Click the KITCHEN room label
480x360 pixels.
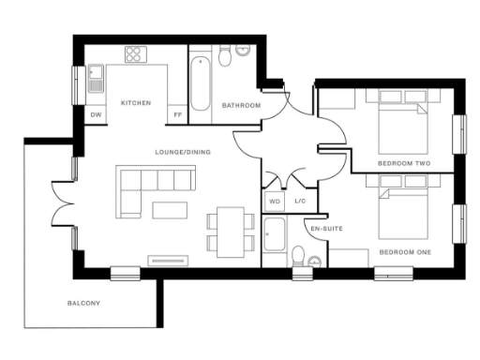(x=136, y=102)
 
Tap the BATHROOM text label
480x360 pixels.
(x=241, y=106)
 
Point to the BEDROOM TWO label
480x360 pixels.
(x=404, y=163)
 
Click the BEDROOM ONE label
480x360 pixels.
(x=405, y=253)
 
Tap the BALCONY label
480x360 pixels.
(x=83, y=304)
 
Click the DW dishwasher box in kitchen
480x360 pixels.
(x=96, y=115)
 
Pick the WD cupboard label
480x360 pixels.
(x=275, y=201)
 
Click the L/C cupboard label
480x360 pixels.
(x=300, y=201)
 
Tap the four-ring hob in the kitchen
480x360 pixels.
(x=134, y=54)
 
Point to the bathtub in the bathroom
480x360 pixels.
(x=200, y=84)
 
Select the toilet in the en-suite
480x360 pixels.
(x=299, y=256)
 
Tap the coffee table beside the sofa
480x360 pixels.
(x=170, y=206)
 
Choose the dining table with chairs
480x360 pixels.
(x=230, y=231)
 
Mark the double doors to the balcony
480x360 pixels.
(x=63, y=202)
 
